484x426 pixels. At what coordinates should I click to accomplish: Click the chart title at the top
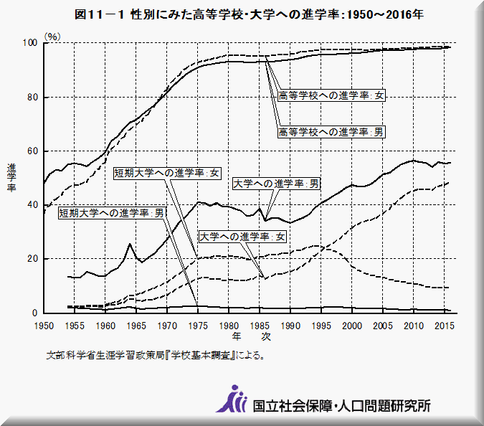(241, 14)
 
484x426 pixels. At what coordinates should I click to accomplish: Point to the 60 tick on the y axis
(32, 151)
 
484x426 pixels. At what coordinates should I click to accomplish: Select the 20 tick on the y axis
(32, 259)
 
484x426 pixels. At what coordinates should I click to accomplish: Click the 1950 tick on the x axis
(44, 326)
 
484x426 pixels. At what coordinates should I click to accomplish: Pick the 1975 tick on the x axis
(198, 326)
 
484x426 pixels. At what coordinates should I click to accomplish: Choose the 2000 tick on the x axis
(352, 326)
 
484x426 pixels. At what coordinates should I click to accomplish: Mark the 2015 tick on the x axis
(444, 326)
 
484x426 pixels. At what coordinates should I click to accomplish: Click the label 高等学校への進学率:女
(331, 96)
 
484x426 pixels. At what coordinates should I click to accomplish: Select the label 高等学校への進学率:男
(331, 132)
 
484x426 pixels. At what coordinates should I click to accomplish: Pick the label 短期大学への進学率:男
(112, 213)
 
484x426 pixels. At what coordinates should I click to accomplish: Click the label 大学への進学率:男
(276, 184)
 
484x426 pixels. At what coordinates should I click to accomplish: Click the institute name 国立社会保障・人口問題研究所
(341, 405)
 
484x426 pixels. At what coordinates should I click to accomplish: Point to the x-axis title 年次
(250, 336)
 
